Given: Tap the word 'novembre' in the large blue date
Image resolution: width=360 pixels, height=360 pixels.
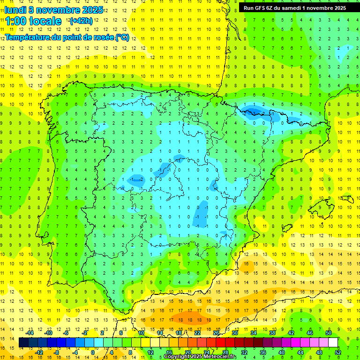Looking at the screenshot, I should [61, 9].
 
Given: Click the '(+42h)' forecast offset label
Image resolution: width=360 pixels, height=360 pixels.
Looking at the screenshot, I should [81, 21].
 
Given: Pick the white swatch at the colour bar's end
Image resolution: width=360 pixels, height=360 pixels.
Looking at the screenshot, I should [333, 343].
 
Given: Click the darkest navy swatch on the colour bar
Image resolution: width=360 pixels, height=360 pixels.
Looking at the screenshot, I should [23, 343].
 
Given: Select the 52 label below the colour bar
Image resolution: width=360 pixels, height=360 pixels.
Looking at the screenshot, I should [338, 352].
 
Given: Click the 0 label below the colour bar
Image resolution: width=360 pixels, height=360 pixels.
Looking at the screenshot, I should [93, 352].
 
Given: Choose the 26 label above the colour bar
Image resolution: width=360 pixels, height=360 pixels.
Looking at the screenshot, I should [216, 333].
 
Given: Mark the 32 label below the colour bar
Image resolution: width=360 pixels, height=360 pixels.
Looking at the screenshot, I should [244, 352].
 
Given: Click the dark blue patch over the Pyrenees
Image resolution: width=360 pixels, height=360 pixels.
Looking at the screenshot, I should [253, 112].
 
